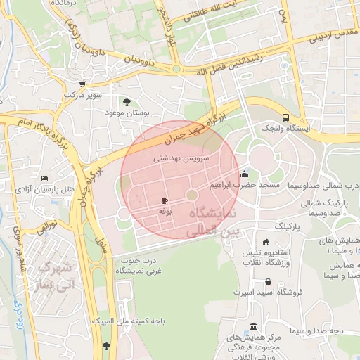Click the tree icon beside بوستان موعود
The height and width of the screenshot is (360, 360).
coord(127,101)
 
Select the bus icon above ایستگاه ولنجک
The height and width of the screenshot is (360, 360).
coord(285,117)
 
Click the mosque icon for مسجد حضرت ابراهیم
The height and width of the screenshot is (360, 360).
coord(244,174)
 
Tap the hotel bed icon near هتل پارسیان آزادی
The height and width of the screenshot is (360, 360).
coord(45,179)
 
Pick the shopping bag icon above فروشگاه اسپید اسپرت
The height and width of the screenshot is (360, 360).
coord(266,279)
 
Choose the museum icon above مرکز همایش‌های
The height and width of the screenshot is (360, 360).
coord(253,326)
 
